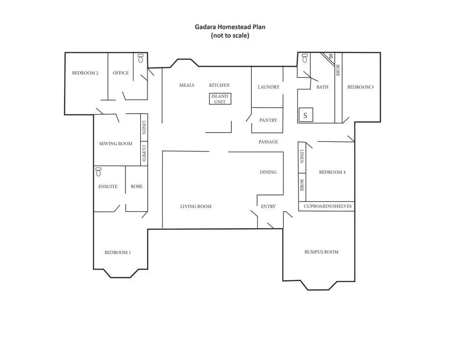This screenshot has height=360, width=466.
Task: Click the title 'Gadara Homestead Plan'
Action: [x=230, y=27]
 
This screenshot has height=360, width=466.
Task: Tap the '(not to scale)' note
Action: [x=230, y=35]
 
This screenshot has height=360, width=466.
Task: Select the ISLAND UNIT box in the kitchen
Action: [x=220, y=99]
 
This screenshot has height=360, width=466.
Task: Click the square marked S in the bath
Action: [x=305, y=115]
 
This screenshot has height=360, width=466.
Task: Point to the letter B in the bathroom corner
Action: [x=331, y=56]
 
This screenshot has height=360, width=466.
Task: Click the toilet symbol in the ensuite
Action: [x=98, y=172]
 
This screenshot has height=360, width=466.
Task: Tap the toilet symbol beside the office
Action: [x=141, y=59]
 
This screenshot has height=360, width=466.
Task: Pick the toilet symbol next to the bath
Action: [x=304, y=58]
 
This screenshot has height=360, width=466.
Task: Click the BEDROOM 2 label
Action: [x=86, y=73]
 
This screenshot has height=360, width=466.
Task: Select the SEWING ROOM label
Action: [x=116, y=144]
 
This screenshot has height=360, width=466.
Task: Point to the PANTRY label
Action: [x=268, y=120]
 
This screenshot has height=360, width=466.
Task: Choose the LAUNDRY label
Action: [x=268, y=87]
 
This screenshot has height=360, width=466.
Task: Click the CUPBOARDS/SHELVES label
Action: [x=328, y=206]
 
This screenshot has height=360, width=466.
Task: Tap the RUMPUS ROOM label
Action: [x=321, y=252]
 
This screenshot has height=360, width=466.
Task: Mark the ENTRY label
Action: [x=268, y=207]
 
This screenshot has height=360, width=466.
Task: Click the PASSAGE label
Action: [x=268, y=142]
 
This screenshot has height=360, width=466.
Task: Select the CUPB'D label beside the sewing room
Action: [x=144, y=153]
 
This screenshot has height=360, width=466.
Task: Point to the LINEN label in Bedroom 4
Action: [x=301, y=157]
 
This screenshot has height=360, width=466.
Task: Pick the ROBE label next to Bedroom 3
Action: [x=338, y=71]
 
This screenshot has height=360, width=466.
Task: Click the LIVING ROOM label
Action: [x=196, y=207]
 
